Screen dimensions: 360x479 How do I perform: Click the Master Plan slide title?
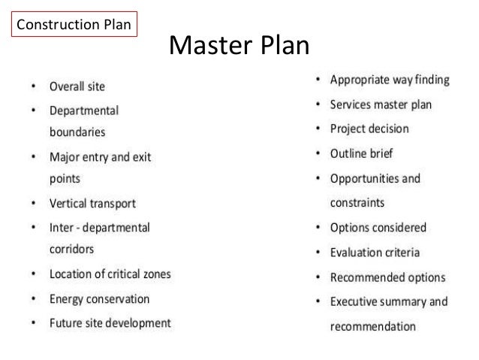coord(239,47)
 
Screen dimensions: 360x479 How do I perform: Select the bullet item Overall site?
coord(77,86)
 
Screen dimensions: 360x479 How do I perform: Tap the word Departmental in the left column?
coord(84,110)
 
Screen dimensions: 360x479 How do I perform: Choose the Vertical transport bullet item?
coord(92,203)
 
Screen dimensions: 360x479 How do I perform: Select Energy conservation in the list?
coord(99,299)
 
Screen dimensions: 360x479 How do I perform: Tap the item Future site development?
coord(110,324)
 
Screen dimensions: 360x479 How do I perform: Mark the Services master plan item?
coord(381,104)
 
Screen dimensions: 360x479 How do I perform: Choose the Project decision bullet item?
coord(370,129)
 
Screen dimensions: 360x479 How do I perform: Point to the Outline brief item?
coord(362,153)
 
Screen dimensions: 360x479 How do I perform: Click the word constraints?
coord(359,202)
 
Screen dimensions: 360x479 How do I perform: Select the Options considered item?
coord(378,227)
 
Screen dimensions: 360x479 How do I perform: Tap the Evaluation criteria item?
coord(375,252)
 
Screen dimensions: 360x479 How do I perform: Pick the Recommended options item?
coord(388,277)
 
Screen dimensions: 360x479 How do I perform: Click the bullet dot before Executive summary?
coord(318,302)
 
